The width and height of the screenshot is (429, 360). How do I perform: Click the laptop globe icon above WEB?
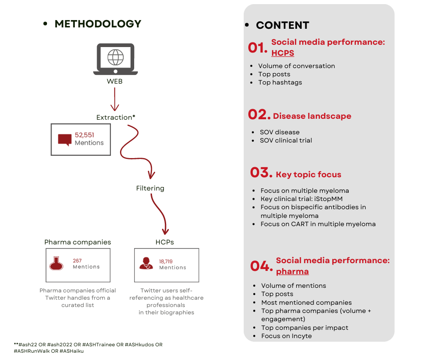pyautogui.click(x=115, y=59)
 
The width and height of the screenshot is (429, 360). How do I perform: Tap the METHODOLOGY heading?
pyautogui.click(x=98, y=24)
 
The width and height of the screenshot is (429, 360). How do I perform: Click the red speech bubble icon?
pyautogui.click(x=65, y=139)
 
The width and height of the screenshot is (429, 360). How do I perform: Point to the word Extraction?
pyautogui.click(x=114, y=117)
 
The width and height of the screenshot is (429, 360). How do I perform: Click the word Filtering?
pyautogui.click(x=150, y=188)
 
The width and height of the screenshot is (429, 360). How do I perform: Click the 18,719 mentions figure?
pyautogui.click(x=166, y=261)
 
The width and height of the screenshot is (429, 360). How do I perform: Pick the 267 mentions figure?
pyautogui.click(x=77, y=261)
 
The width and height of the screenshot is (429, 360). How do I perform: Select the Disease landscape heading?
pyautogui.click(x=312, y=116)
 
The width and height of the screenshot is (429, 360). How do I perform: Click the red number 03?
pyautogui.click(x=261, y=173)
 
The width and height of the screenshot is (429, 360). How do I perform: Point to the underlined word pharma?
pyautogui.click(x=292, y=272)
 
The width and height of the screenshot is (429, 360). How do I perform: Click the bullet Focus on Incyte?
pyautogui.click(x=286, y=336)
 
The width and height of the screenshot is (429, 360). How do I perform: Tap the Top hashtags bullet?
pyautogui.click(x=280, y=83)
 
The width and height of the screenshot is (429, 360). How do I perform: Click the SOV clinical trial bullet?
pyautogui.click(x=286, y=141)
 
